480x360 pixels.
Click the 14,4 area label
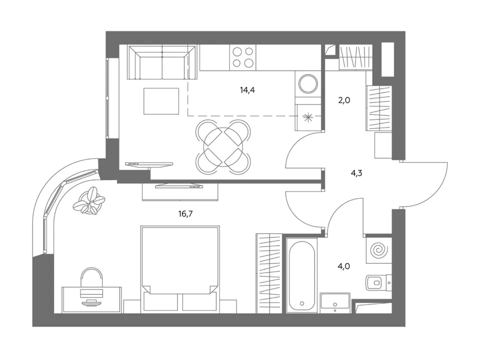click(247, 90)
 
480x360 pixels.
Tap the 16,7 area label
click(185, 214)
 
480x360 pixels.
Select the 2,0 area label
click(344, 100)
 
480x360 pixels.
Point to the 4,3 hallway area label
click(356, 173)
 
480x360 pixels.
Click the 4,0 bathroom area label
click(344, 266)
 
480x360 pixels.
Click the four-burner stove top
click(243, 57)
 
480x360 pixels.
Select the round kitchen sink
click(308, 83)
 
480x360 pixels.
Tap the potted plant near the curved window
click(89, 201)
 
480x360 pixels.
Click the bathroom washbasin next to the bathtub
click(335, 303)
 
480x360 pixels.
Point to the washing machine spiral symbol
click(379, 250)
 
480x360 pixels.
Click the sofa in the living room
click(162, 63)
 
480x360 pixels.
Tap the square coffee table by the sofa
click(161, 101)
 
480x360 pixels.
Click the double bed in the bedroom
click(180, 269)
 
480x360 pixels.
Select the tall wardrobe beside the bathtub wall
click(269, 273)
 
